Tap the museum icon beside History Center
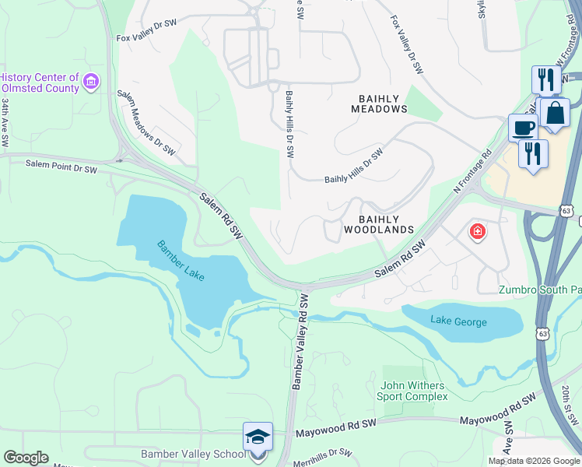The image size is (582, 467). [92, 81]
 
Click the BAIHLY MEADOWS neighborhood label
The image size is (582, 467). [383, 104]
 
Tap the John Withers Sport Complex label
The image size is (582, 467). [414, 391]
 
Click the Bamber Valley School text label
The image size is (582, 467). [192, 454]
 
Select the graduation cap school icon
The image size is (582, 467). [258, 437]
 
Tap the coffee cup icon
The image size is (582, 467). [522, 127]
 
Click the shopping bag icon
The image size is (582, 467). [556, 113]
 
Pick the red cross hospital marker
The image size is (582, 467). [476, 231]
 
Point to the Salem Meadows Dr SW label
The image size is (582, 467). [145, 123]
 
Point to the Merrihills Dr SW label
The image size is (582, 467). [329, 452]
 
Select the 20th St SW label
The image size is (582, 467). [570, 407]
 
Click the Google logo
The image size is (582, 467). [26, 458]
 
